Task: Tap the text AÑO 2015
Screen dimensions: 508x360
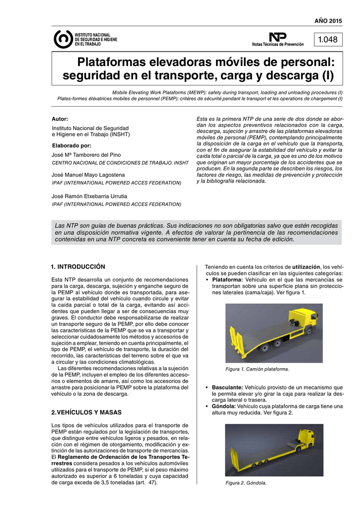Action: (329, 20)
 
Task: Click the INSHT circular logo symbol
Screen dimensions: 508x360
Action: (63, 39)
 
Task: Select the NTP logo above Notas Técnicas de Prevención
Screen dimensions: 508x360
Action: (278, 37)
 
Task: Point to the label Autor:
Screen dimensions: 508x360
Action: (60, 119)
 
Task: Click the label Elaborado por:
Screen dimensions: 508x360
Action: (72, 145)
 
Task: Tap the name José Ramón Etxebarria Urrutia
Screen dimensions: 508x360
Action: (89, 196)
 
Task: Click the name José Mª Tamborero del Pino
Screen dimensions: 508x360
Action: (86, 155)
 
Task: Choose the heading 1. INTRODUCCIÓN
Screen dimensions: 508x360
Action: (78, 267)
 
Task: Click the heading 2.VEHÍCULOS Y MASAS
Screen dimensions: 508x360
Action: (86, 412)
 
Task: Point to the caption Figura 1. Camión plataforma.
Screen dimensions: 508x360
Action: (257, 370)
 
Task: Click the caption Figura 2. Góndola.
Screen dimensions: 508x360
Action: (246, 483)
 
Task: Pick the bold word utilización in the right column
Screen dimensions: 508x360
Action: (306, 267)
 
